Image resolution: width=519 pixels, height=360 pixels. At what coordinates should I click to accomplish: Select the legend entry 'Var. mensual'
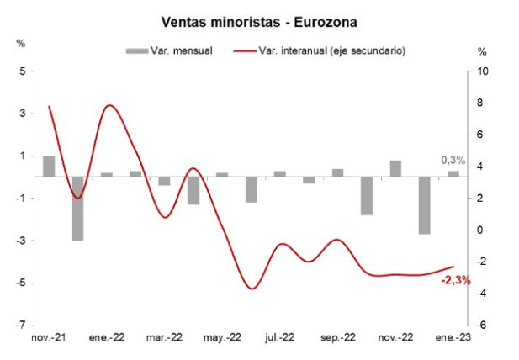(177, 50)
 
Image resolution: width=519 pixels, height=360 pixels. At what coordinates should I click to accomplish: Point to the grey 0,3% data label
(453, 161)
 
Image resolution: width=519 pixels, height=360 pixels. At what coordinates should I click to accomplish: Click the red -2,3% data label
(456, 280)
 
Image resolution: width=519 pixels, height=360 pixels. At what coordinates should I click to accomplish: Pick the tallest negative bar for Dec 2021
(77, 209)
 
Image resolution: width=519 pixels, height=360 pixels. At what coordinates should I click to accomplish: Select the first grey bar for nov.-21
(49, 167)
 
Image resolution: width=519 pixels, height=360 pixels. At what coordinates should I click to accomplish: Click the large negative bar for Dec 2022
(424, 205)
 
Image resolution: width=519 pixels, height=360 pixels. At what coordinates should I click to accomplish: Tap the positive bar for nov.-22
(395, 169)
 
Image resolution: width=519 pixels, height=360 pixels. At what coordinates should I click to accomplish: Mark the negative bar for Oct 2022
(366, 196)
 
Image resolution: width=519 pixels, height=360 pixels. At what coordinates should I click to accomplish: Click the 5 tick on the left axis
(23, 71)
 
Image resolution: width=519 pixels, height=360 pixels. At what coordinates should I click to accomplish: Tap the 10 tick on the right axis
(481, 71)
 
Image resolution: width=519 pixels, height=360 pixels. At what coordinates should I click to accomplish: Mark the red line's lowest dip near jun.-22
(252, 289)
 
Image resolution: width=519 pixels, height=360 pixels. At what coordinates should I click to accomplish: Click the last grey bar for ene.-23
(453, 174)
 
